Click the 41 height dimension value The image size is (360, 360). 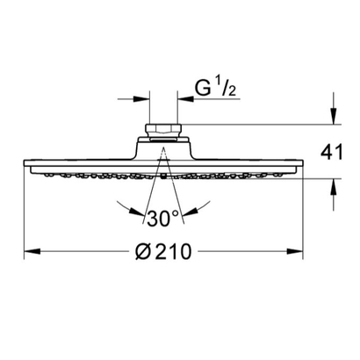pyautogui.click(x=331, y=152)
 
